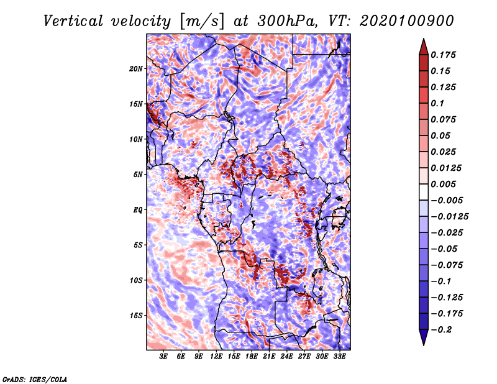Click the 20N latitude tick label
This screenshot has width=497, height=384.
click(136, 68)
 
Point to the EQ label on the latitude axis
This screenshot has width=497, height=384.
click(139, 210)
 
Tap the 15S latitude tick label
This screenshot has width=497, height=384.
click(136, 316)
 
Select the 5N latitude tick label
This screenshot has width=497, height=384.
click(138, 175)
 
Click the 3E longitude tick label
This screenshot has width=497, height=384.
click(164, 357)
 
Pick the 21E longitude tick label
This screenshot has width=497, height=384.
click(269, 357)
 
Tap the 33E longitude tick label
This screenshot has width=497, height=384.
click(339, 357)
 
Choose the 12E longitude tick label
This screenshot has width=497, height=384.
click(217, 357)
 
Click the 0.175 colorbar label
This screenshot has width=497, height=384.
click(444, 55)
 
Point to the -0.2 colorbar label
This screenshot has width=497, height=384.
click(442, 329)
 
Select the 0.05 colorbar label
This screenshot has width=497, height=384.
click(440, 135)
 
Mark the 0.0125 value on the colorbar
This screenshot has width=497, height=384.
click(445, 168)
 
